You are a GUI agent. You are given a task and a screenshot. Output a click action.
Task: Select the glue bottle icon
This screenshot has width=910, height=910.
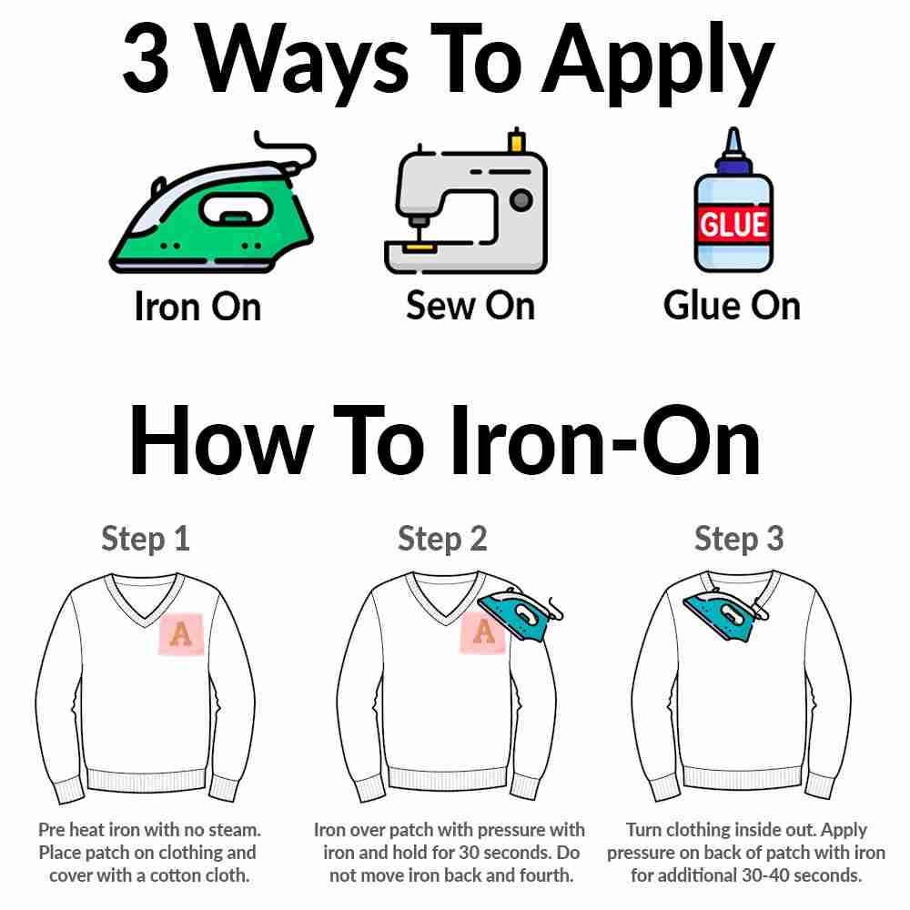point(733,209)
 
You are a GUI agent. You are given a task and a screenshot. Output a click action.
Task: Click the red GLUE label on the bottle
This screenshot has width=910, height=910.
point(733,223)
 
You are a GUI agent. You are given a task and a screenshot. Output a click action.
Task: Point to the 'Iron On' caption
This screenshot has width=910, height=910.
point(197,306)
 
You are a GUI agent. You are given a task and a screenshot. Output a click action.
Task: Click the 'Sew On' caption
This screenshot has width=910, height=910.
point(470,305)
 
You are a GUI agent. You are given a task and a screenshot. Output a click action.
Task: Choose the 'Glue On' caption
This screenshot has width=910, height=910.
point(732,305)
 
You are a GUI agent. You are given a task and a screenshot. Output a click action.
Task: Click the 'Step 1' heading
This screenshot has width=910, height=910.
point(146,539)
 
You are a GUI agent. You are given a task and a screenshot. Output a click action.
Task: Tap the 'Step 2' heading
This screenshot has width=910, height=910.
point(442,539)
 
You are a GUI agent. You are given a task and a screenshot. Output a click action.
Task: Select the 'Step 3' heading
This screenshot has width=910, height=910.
point(739,539)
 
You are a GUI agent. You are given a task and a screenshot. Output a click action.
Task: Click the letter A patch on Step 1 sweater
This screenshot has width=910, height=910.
point(181,634)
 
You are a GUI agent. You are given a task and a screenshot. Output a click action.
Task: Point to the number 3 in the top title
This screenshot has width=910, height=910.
point(147,60)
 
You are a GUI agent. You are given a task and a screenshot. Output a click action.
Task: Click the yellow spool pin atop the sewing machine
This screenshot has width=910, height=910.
point(517,141)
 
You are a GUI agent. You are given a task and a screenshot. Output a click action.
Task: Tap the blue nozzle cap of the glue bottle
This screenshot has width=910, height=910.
point(733,155)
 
